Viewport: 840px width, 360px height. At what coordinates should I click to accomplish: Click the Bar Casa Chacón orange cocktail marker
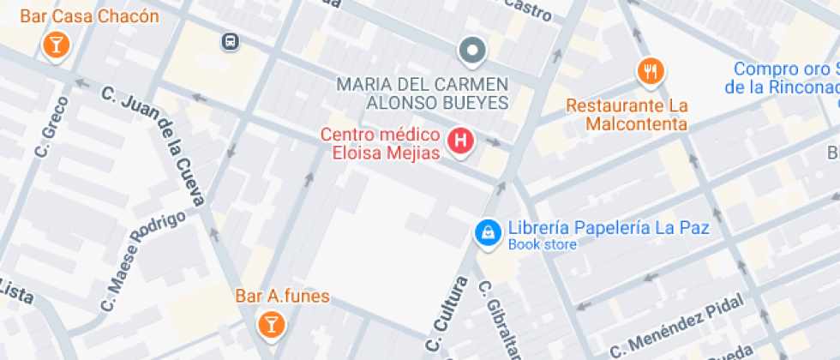pos(55,45)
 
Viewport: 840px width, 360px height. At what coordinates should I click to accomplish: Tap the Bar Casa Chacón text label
pos(90,16)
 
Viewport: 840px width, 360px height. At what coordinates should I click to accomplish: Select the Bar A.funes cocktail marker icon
pos(271,323)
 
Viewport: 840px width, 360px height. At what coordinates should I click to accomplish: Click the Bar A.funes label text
pos(282,297)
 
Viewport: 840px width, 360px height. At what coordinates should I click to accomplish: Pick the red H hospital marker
pos(461,141)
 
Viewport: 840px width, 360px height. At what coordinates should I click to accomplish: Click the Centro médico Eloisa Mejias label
pos(381,144)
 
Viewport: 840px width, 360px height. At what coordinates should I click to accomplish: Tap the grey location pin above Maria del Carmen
pos(471,51)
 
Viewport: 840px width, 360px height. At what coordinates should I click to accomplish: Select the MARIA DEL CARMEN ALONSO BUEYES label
pos(423,93)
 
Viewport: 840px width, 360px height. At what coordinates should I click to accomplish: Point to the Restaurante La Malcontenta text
pos(627,115)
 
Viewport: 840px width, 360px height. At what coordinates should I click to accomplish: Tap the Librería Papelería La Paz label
pos(609,229)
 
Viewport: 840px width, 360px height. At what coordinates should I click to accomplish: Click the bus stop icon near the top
pos(229,41)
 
